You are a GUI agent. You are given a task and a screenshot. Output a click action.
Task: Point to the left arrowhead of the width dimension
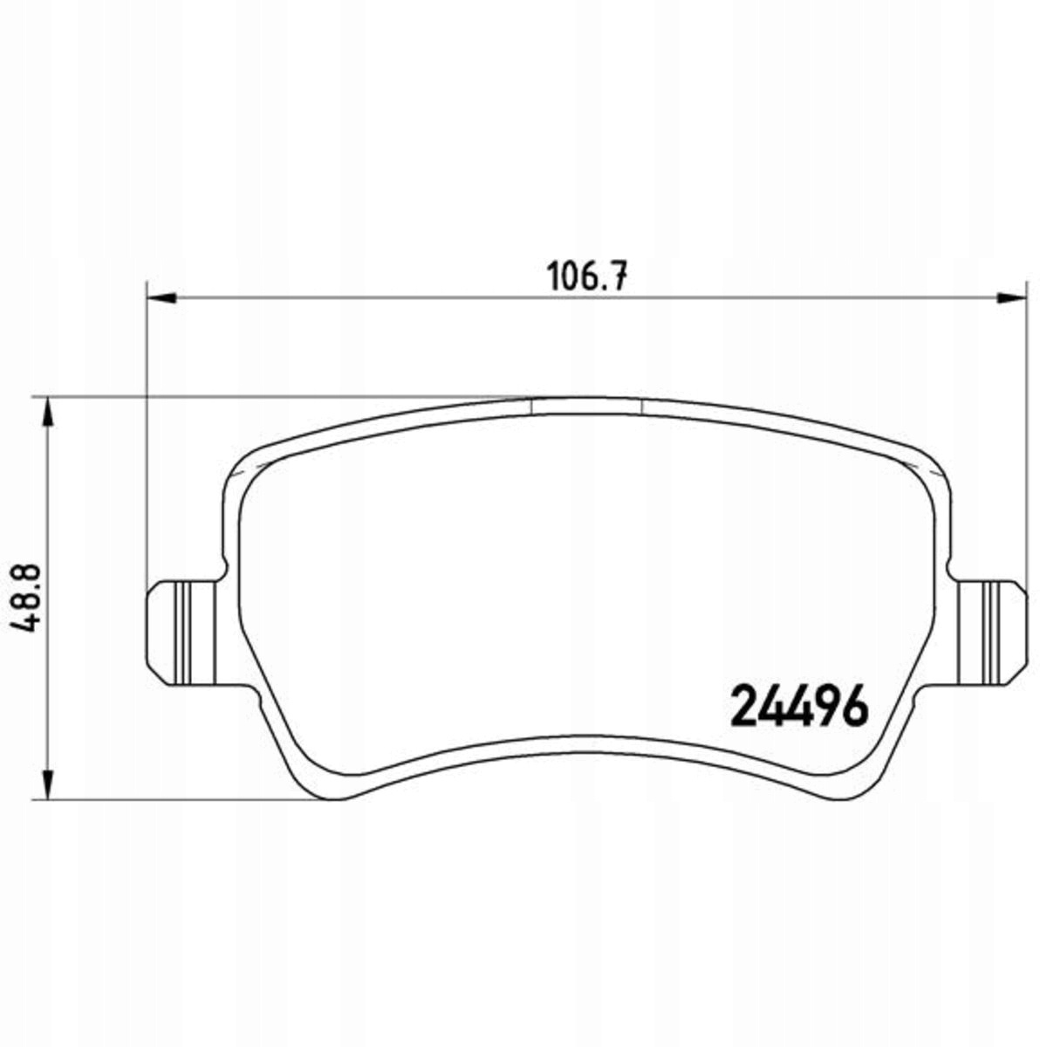coord(162,298)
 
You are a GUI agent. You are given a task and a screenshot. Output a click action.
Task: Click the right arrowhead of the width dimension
coord(1012,298)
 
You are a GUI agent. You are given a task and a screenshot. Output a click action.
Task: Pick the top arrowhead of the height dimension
coord(48,413)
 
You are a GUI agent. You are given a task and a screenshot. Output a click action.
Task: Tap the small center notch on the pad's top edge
coord(587,407)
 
